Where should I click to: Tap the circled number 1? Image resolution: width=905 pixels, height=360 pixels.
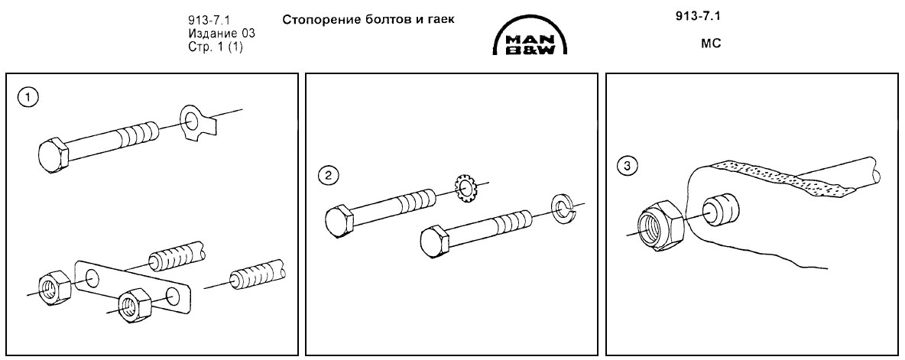click(x=29, y=98)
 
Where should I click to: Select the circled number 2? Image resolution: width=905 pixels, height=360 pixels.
click(x=329, y=176)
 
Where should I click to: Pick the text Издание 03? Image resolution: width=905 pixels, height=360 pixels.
click(x=222, y=34)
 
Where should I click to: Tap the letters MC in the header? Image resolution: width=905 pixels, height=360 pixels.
click(x=712, y=44)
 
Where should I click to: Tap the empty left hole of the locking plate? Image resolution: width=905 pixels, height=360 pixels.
click(x=92, y=277)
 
